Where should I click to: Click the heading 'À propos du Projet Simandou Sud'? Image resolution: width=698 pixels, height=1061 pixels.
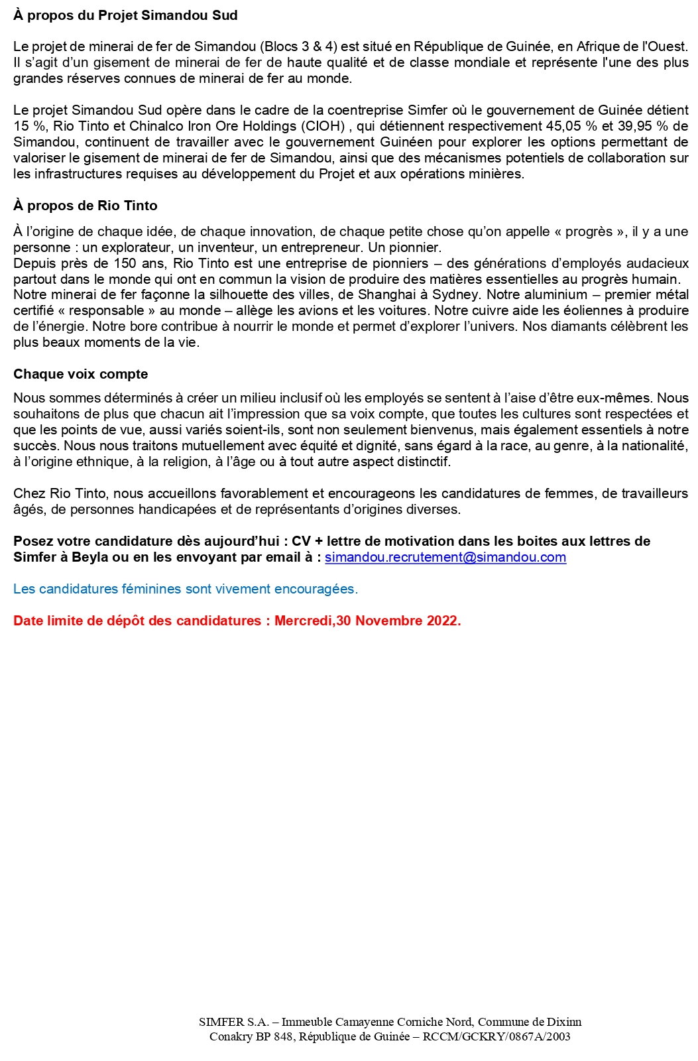pos(125,15)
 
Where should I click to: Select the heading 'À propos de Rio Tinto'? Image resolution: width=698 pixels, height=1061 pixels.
pos(86,206)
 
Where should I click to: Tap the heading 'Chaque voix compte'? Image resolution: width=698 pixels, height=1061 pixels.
pos(80,374)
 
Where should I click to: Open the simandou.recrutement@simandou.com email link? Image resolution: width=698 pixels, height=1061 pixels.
pos(445,557)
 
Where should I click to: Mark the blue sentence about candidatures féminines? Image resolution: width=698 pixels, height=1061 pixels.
pos(186,589)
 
